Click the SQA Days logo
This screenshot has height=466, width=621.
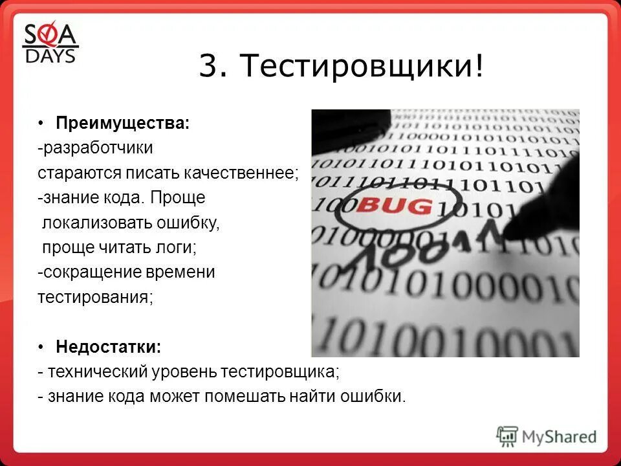[50, 44]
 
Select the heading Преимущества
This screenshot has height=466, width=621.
[123, 123]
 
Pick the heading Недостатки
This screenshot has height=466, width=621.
[109, 347]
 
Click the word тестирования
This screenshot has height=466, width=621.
[95, 298]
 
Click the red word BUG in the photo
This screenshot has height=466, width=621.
[394, 206]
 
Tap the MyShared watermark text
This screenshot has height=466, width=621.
[559, 437]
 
